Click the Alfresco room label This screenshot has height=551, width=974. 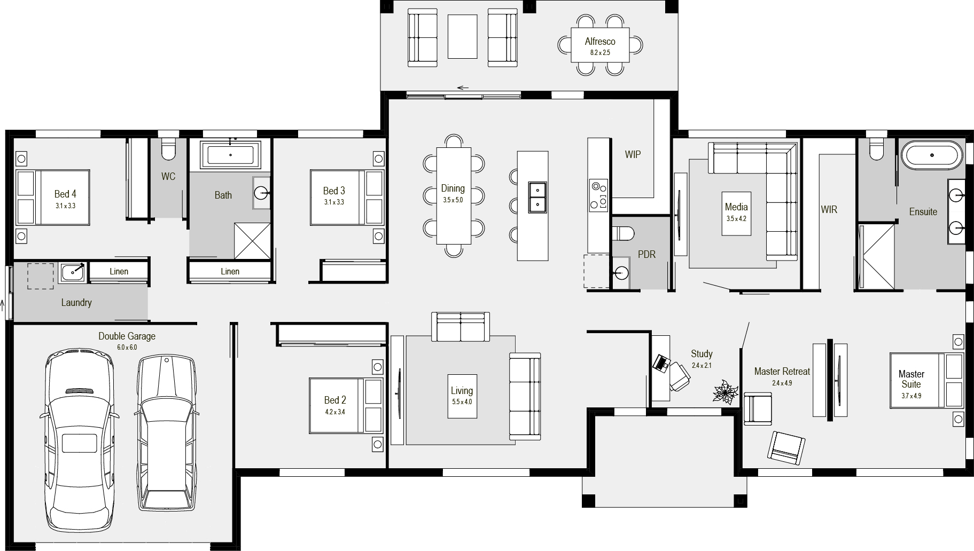pyautogui.click(x=599, y=42)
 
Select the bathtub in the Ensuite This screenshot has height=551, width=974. pyautogui.click(x=932, y=155)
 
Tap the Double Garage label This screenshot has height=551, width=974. pyautogui.click(x=127, y=336)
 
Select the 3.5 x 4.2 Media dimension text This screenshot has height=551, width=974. pyautogui.click(x=736, y=218)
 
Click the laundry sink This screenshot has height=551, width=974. pyautogui.click(x=72, y=272)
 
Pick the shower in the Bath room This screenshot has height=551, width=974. pyautogui.click(x=252, y=241)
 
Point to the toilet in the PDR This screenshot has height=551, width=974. pyautogui.click(x=623, y=233)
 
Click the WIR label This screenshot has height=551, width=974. pyautogui.click(x=829, y=210)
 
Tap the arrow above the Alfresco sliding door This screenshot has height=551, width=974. pyautogui.click(x=463, y=88)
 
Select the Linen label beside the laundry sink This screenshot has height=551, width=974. pyautogui.click(x=119, y=271)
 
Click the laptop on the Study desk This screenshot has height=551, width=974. pyautogui.click(x=662, y=363)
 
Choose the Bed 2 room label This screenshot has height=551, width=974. pyautogui.click(x=335, y=400)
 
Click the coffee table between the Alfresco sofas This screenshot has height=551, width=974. pyautogui.click(x=462, y=36)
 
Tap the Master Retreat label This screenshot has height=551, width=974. pyautogui.click(x=782, y=371)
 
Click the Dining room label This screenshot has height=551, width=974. pyautogui.click(x=453, y=188)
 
